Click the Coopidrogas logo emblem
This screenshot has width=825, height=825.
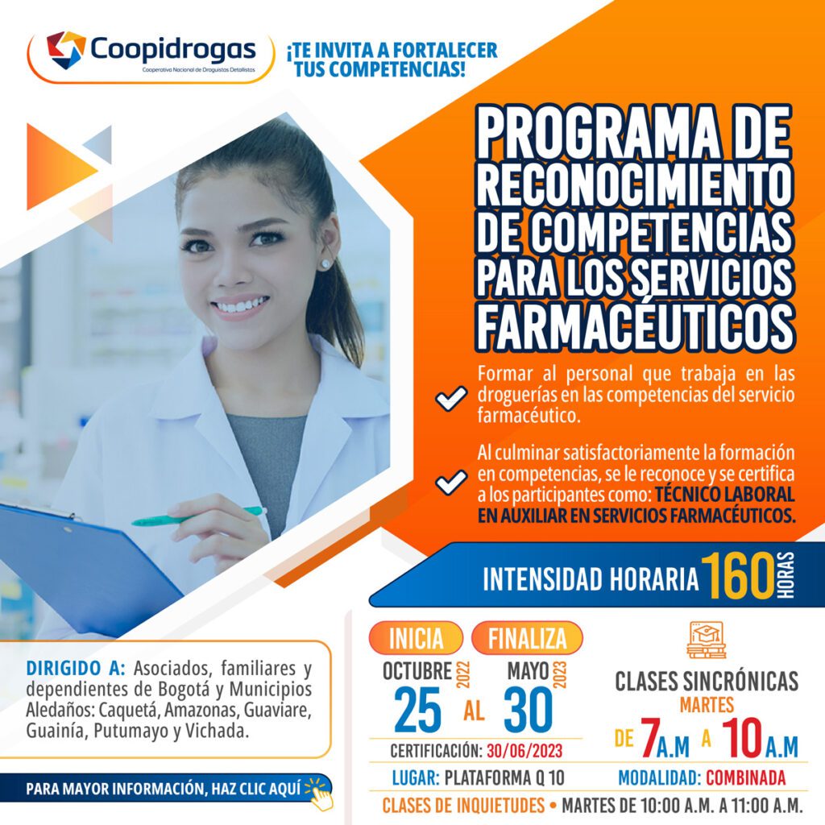[x=66, y=50]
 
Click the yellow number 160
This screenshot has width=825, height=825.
[x=738, y=576]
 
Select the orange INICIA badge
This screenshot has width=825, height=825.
[x=417, y=638]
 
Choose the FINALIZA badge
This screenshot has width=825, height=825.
[x=527, y=638]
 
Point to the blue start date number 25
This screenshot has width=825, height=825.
[x=417, y=711]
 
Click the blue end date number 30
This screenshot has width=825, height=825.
[x=529, y=711]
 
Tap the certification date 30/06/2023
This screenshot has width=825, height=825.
[x=524, y=751]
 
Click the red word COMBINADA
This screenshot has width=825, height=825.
[x=745, y=777]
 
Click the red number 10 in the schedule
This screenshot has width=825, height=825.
[x=742, y=738]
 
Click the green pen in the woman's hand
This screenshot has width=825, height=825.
[x=197, y=516]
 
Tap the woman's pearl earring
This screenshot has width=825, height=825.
[x=326, y=263]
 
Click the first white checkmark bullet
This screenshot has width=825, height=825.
[x=451, y=397]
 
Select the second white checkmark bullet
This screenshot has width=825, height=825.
[x=451, y=482]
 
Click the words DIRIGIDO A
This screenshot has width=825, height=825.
[x=76, y=668]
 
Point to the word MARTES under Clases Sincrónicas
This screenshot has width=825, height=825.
[x=707, y=704]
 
